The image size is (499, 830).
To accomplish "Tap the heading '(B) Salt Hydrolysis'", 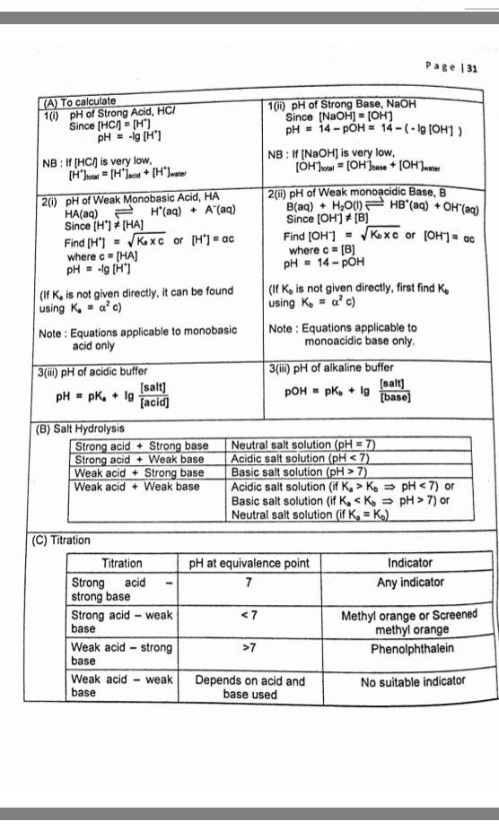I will [80, 428].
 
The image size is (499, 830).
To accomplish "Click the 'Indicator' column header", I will [410, 563].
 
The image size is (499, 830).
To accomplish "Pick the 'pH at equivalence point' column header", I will [249, 563].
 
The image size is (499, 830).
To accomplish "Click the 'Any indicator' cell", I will [410, 583].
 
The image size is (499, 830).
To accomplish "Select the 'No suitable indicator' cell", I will [413, 682].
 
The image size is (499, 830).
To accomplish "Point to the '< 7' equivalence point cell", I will [249, 616].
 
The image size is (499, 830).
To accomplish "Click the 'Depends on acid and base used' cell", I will [250, 687].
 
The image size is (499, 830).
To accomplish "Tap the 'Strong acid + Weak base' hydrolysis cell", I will [139, 459].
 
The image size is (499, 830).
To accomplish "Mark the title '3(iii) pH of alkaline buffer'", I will [330, 368].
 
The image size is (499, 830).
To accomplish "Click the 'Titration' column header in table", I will [122, 563].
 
